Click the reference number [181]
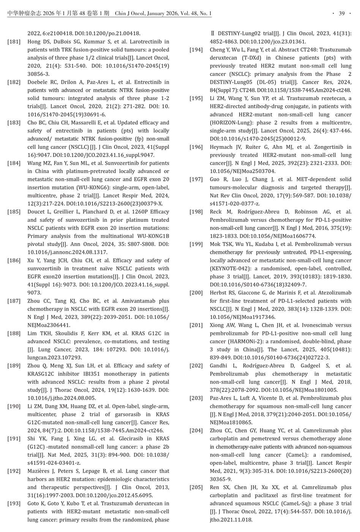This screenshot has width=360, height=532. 14,42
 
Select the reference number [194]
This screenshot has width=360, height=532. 196,50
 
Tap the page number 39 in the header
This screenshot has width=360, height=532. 341,14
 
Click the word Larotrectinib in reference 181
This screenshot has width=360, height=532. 152,42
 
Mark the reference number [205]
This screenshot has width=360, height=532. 196,488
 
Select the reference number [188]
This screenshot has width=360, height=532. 14,334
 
